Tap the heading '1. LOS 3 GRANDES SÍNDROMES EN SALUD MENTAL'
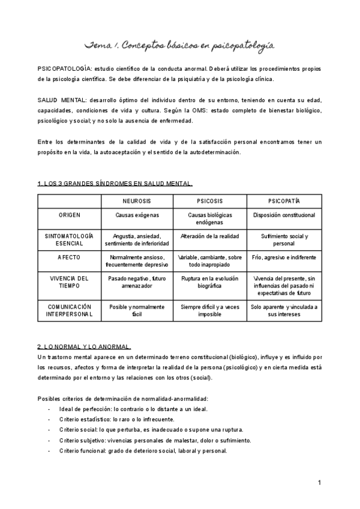point(115,183)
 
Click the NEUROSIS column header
point(137,200)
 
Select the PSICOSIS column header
point(209,200)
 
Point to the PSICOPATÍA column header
point(284,200)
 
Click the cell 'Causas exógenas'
point(137,215)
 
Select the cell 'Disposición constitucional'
point(284,215)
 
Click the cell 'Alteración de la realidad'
point(209,236)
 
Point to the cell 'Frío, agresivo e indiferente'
point(284,258)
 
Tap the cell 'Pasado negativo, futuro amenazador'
point(137,283)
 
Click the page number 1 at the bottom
point(320,483)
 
